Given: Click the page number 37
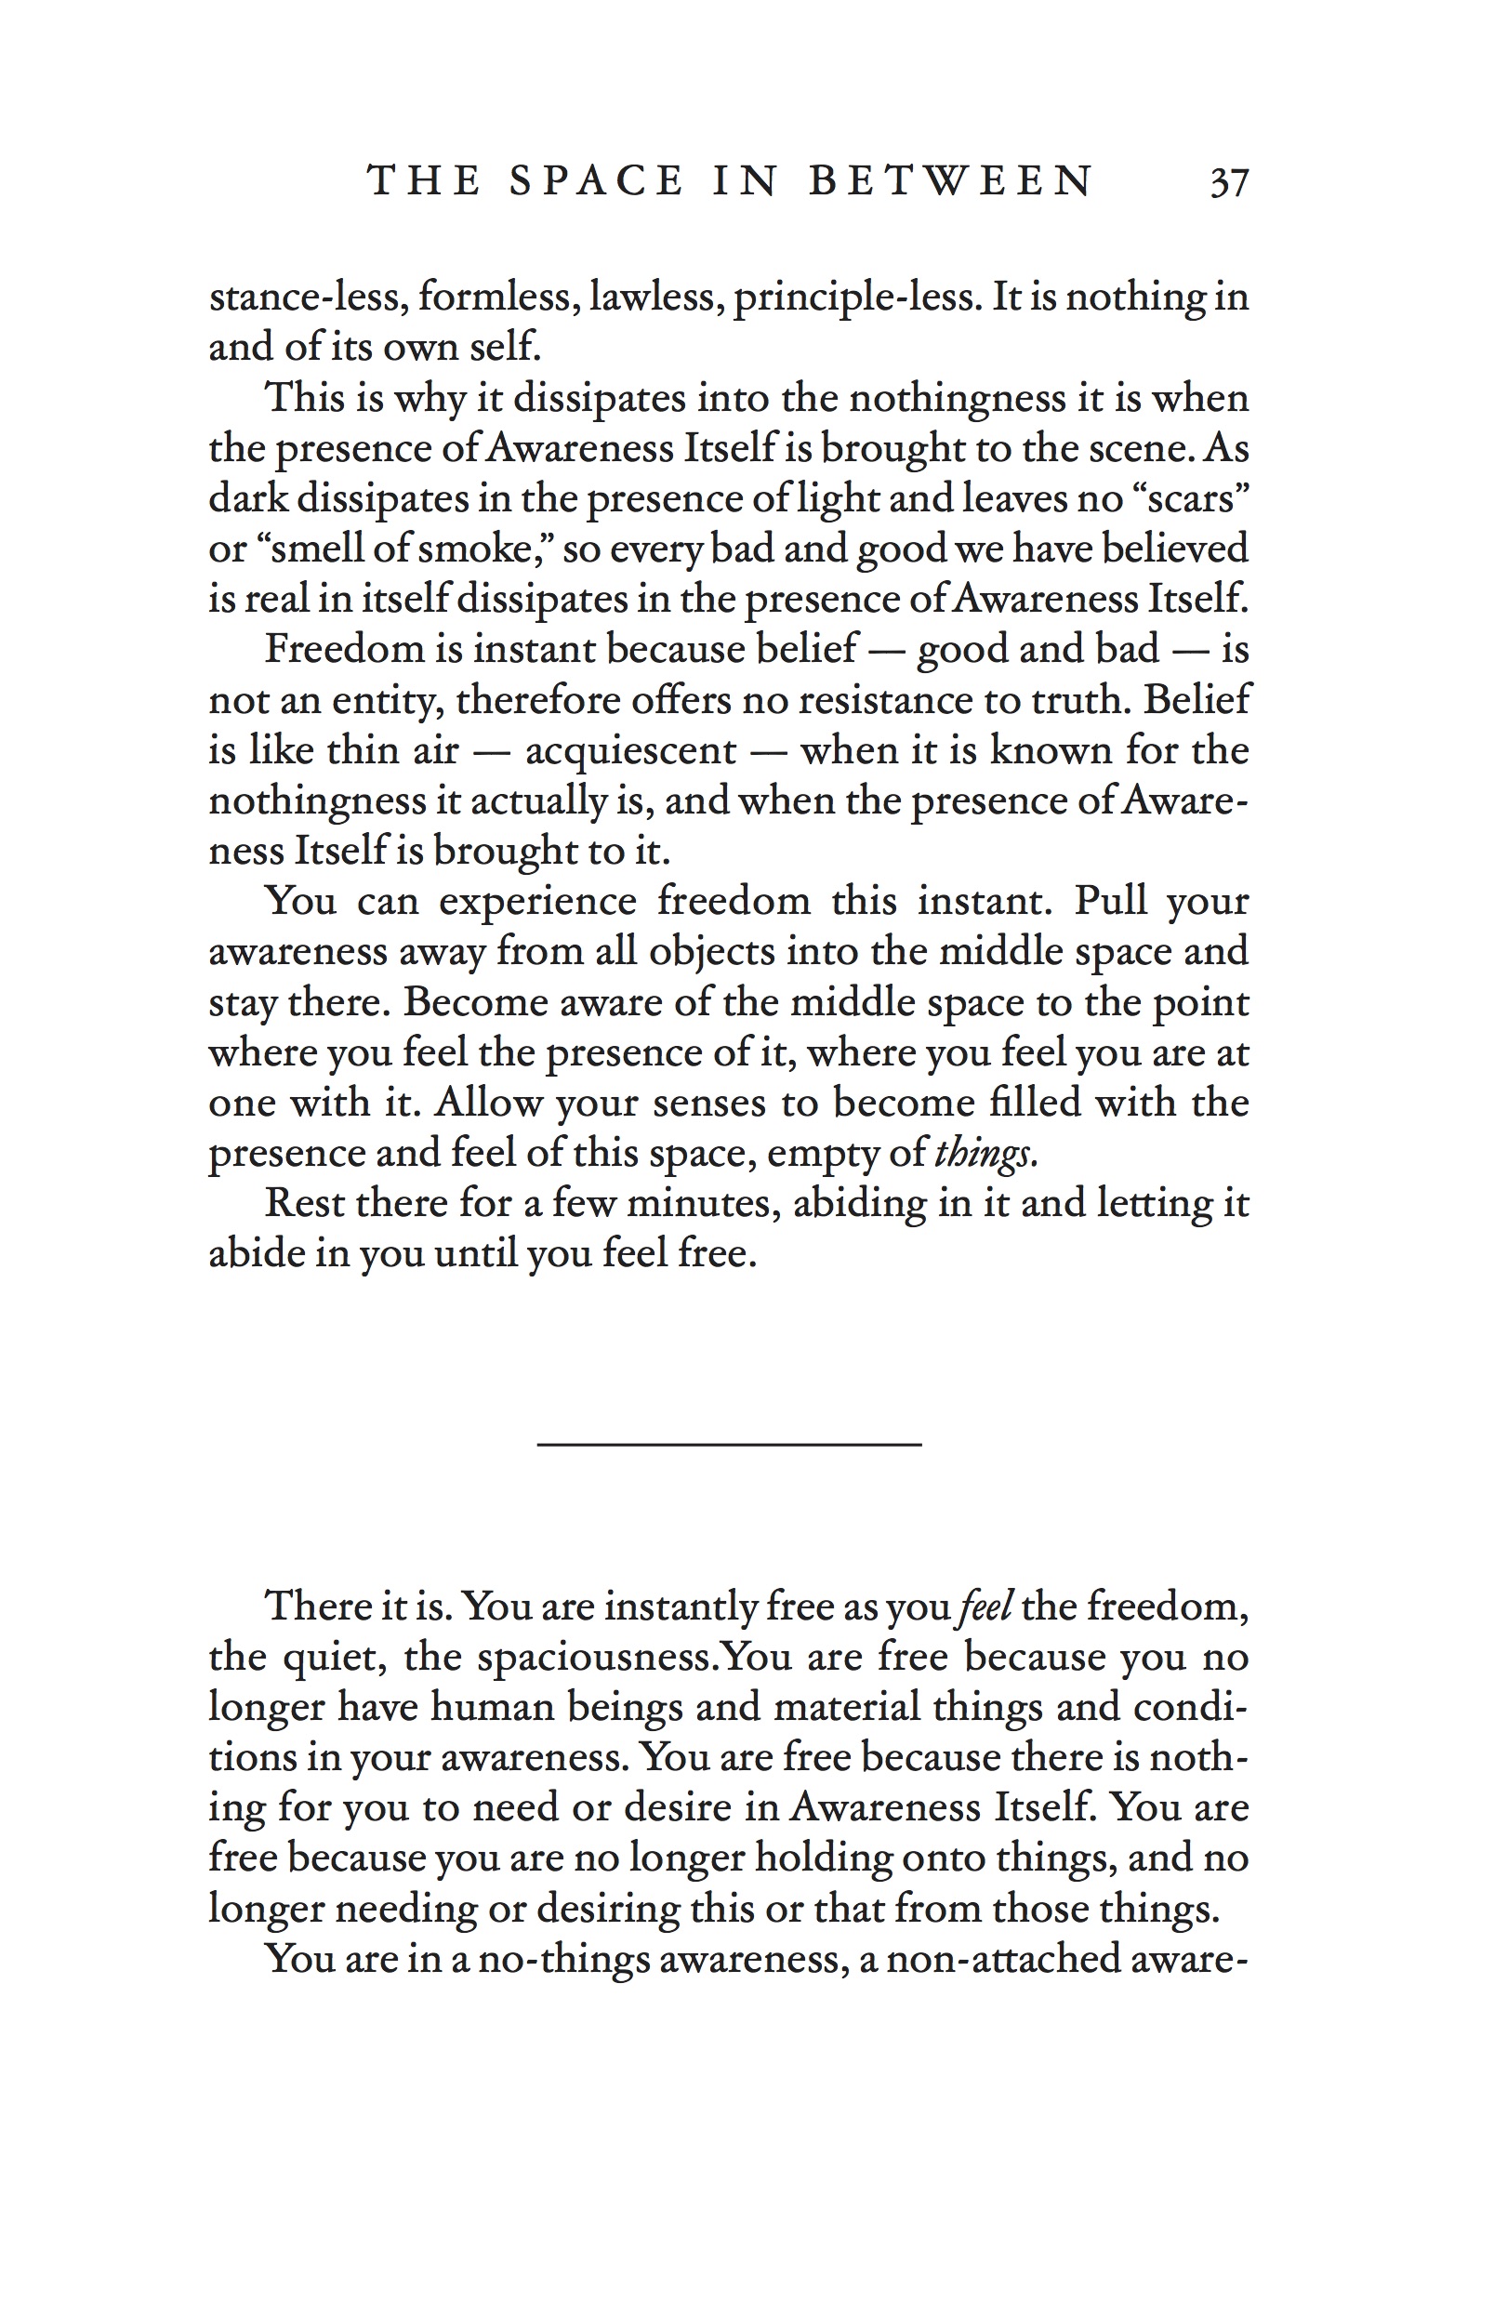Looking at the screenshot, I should (1229, 182).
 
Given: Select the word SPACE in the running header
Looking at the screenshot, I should (597, 180).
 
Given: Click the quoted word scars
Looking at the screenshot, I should (1188, 498).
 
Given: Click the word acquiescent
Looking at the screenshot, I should (630, 750).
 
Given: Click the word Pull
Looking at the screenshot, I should (1110, 901).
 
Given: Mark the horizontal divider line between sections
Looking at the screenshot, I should (729, 1445).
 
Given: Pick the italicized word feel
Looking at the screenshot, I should (985, 1606).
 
